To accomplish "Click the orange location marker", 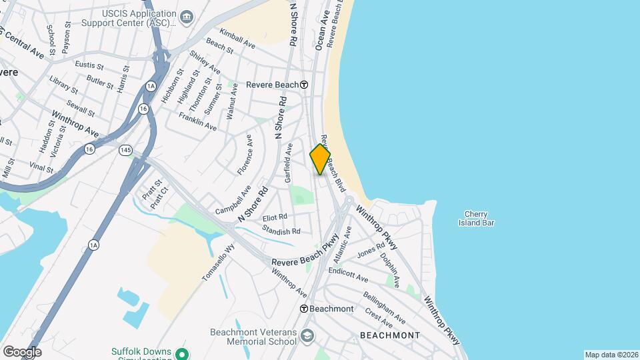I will (320, 159).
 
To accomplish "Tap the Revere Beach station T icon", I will (304, 85).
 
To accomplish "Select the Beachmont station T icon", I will (304, 309).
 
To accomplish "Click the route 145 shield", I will (125, 150).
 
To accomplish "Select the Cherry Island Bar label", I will (476, 219).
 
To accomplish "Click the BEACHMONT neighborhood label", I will (390, 335).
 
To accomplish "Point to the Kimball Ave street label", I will (237, 39).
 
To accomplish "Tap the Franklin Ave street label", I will (197, 121).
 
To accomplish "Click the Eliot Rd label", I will (275, 217).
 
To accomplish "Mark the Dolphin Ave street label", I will (390, 269).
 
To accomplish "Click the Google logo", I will (22, 352).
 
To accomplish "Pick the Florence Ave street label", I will (245, 155).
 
